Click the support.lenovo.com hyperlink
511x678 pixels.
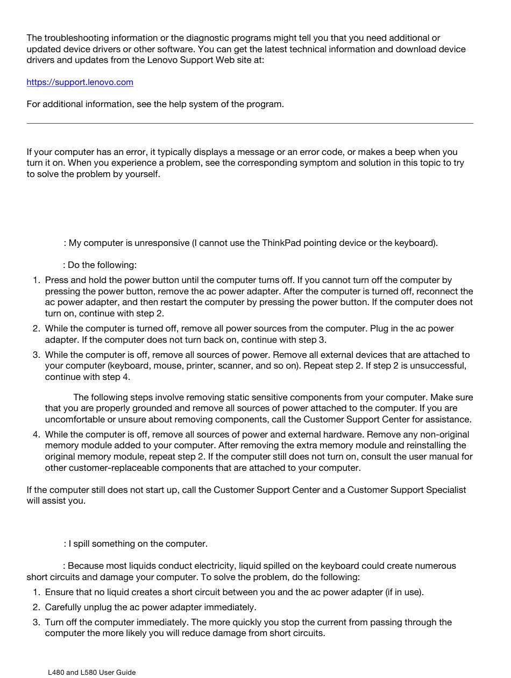[80, 82]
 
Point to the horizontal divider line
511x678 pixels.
[250, 124]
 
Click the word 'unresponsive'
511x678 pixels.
[162, 243]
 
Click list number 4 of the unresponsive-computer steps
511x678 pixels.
[36, 435]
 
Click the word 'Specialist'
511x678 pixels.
[446, 490]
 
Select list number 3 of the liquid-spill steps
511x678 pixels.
[36, 623]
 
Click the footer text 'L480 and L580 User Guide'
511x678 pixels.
[92, 672]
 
